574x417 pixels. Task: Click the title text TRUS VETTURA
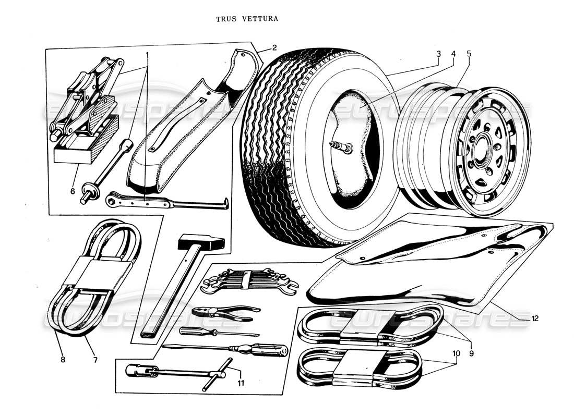click(247, 19)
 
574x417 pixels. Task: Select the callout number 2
click(273, 48)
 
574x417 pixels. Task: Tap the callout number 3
click(439, 53)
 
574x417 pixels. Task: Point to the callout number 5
click(469, 53)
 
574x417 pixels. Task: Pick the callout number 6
click(73, 191)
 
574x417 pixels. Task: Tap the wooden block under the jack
click(83, 151)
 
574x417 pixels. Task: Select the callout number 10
click(456, 353)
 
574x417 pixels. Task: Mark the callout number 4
click(453, 53)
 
